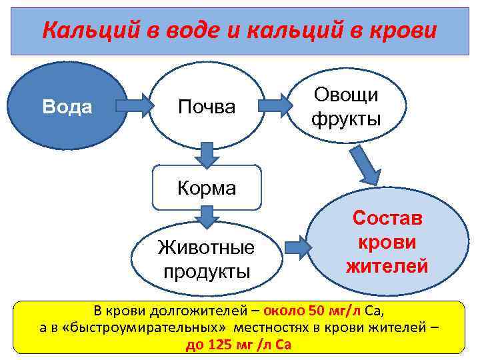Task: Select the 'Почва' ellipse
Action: [206, 106]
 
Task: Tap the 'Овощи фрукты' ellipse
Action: [345, 107]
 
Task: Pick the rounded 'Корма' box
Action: [206, 188]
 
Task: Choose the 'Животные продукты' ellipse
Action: [206, 259]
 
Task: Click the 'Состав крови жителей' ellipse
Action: [387, 243]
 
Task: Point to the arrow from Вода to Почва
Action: [134, 105]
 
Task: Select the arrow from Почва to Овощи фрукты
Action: [277, 105]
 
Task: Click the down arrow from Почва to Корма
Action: [207, 155]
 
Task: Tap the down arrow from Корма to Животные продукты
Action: [207, 217]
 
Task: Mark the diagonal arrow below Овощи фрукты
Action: [365, 164]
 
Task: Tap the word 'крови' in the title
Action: [407, 31]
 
